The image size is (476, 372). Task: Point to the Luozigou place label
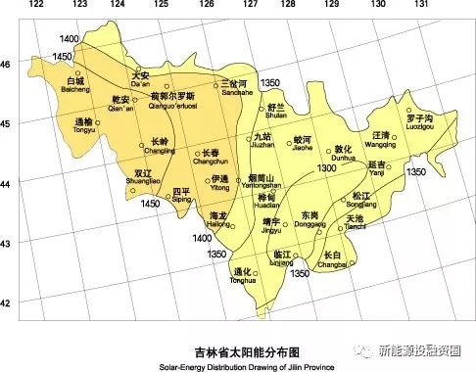point(417,123)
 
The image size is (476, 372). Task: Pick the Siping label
point(181,195)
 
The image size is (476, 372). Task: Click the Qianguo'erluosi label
point(173,101)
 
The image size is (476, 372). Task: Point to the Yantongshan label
point(265,182)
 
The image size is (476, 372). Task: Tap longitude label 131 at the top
point(422,5)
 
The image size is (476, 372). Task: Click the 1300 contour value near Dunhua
point(327,169)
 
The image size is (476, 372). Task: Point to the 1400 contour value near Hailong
point(202,238)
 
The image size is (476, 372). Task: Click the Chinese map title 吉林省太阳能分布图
point(240,349)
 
